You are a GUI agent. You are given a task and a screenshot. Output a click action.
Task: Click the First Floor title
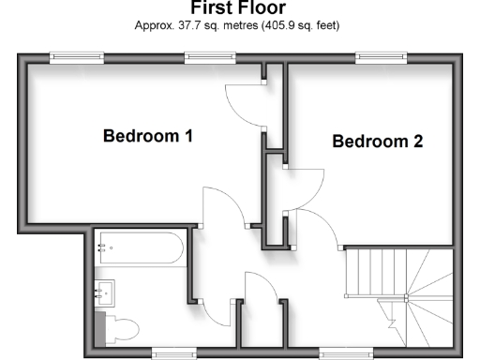[239, 8]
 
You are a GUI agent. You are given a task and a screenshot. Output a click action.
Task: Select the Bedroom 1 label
[147, 137]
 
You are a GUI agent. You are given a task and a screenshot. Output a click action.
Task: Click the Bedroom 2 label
[378, 142]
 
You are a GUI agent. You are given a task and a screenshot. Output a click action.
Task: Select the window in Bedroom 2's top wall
[382, 57]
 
